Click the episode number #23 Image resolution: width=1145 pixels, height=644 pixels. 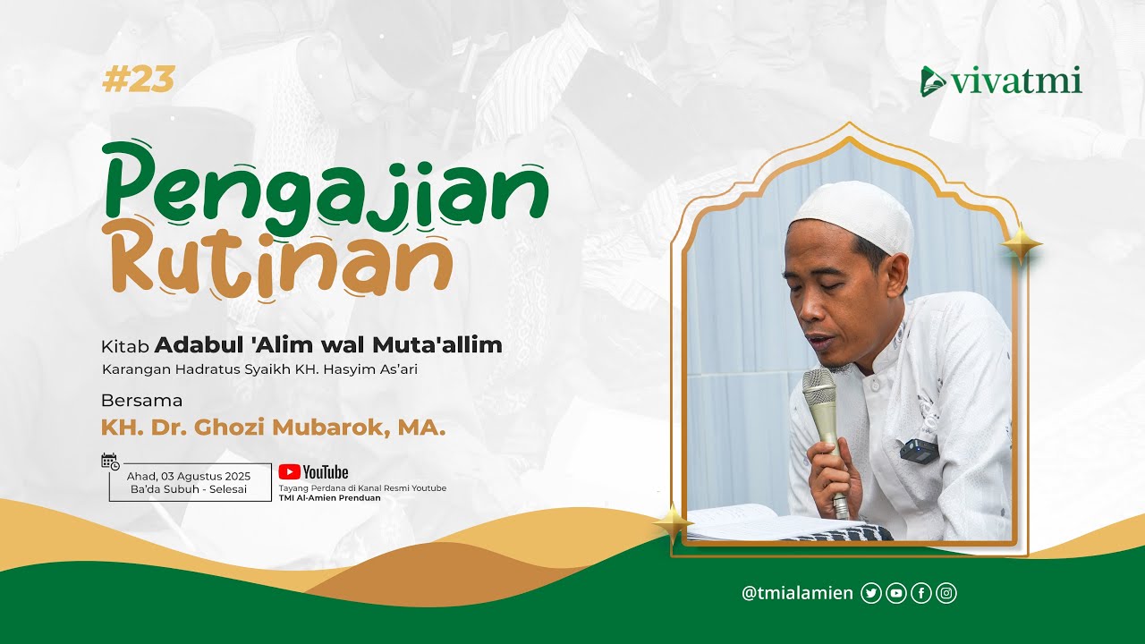pyautogui.click(x=138, y=80)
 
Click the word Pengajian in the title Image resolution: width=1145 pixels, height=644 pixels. pyautogui.click(x=327, y=183)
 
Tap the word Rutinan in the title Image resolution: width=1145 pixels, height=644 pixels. pyautogui.click(x=277, y=260)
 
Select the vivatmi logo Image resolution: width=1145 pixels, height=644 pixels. pyautogui.click(x=1001, y=81)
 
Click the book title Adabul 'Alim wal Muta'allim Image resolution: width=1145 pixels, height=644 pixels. pyautogui.click(x=327, y=345)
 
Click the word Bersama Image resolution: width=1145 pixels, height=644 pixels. pyautogui.click(x=141, y=400)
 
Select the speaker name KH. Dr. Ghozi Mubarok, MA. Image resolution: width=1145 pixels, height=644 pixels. pyautogui.click(x=273, y=428)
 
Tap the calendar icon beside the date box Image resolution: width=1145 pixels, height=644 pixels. pyautogui.click(x=110, y=462)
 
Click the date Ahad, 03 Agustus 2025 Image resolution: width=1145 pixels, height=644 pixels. pyautogui.click(x=189, y=475)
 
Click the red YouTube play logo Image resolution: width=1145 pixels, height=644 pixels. pyautogui.click(x=290, y=471)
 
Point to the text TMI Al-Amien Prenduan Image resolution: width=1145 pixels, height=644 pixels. pyautogui.click(x=329, y=498)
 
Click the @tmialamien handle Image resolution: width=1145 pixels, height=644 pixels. pyautogui.click(x=797, y=593)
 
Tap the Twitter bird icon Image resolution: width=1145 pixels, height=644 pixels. pyautogui.click(x=870, y=593)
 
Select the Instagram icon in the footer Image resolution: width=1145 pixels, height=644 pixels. pyautogui.click(x=946, y=593)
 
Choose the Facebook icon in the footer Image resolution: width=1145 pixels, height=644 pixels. pyautogui.click(x=921, y=593)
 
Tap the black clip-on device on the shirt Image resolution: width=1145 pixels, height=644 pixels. pyautogui.click(x=919, y=451)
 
